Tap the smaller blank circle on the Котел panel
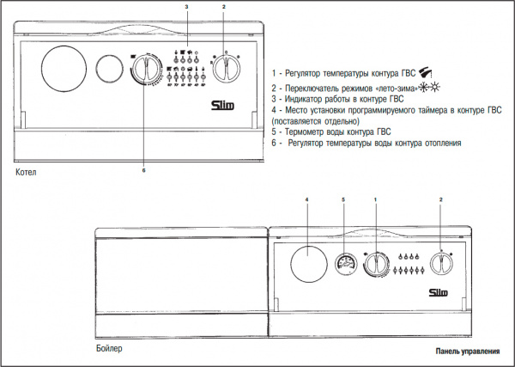point(107,69)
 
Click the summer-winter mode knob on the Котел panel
point(226,69)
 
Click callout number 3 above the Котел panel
point(186,7)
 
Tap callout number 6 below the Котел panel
point(143,170)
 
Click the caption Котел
point(27,174)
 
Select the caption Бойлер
point(109,348)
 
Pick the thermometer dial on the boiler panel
point(345,263)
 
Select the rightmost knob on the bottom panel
point(442,265)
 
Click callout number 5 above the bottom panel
point(343,199)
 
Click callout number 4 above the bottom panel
point(306,199)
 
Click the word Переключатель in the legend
point(319,89)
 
